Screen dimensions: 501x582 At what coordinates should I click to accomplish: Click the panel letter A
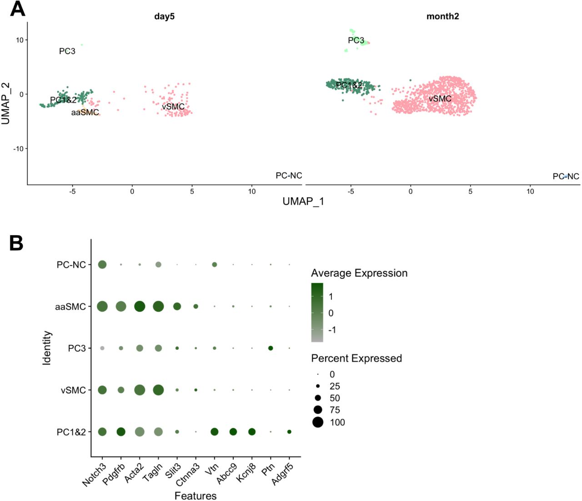point(18,9)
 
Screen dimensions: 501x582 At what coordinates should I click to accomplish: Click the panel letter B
point(16,243)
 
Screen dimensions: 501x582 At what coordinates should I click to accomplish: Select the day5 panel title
point(164,16)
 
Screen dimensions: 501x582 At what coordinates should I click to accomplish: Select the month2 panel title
point(442,16)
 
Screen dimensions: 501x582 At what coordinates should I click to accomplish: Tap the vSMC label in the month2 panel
point(440,99)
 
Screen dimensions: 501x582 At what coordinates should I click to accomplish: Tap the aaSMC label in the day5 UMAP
point(85,112)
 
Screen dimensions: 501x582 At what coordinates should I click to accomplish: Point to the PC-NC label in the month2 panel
point(566,177)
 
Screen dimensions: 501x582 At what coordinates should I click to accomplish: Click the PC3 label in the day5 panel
point(67,51)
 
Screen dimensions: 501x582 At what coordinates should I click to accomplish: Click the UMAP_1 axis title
point(303,202)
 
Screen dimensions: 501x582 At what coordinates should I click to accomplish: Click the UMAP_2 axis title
point(6,103)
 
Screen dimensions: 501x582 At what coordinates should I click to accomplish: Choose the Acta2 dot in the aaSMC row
point(140,307)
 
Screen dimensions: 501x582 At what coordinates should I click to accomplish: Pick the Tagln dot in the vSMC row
point(158,390)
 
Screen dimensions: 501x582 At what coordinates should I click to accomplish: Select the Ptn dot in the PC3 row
point(271,348)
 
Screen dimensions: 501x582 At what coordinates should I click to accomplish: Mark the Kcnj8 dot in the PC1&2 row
point(251,432)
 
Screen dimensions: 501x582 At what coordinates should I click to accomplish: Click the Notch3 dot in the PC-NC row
point(102,264)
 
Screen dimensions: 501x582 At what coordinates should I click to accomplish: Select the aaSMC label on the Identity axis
point(70,307)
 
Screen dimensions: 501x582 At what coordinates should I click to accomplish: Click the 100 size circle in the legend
point(318,422)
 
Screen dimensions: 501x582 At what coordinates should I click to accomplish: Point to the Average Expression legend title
point(359,273)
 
